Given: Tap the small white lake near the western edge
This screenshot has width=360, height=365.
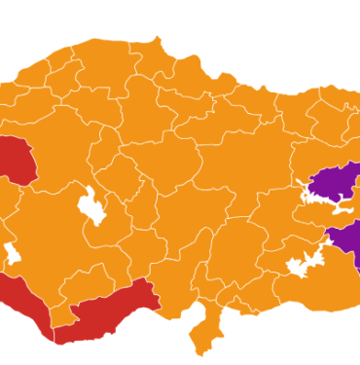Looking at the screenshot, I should click(13, 255).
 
